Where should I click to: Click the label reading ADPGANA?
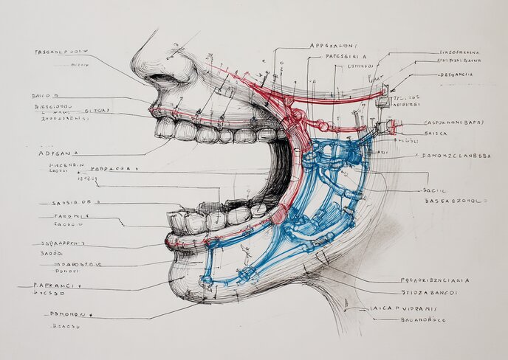tap(58, 153)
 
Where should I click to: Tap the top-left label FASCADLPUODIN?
tap(61, 52)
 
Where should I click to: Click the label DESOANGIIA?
tap(456, 74)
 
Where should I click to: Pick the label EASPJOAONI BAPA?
tap(453, 122)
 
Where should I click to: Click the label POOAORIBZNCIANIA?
tap(436, 280)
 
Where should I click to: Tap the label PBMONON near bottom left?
tap(71, 314)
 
